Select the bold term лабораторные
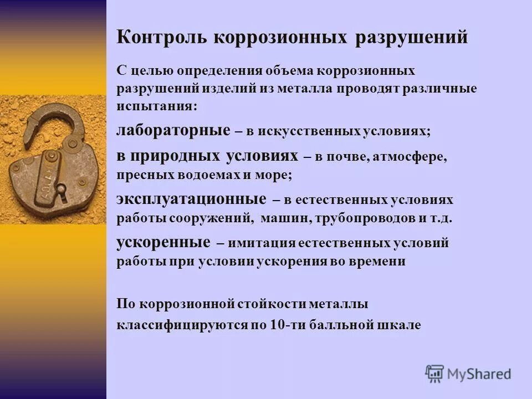tap(173, 131)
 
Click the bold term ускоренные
tap(163, 242)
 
